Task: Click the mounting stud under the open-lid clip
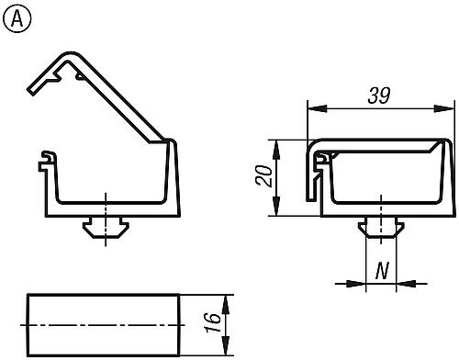pos(106,226)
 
